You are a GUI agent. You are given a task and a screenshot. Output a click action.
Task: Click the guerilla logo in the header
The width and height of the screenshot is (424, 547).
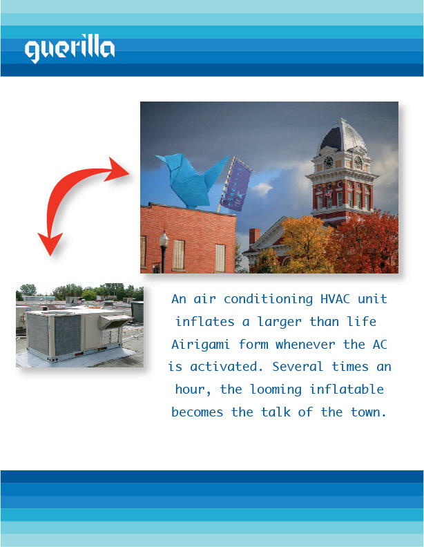(x=69, y=48)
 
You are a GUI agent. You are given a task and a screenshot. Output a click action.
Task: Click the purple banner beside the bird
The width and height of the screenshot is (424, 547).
(x=235, y=184)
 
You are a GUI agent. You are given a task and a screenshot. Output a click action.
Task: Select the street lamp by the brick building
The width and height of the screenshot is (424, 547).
(x=164, y=251)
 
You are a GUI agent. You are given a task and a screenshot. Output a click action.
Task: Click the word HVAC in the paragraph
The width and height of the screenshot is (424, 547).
(x=335, y=299)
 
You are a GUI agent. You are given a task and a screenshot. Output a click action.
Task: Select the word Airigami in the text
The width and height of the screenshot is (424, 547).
(x=200, y=345)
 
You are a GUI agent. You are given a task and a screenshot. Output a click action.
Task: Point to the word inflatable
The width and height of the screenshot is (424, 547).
(x=347, y=390)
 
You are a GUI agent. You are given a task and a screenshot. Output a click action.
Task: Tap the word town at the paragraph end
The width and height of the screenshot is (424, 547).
(x=368, y=412)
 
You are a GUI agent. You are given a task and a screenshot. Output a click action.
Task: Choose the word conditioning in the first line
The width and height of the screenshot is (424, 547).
(x=268, y=300)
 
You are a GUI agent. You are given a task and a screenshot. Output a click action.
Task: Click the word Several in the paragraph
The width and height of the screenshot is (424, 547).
(x=298, y=367)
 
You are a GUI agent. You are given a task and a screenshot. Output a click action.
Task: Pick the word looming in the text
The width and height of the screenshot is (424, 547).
(x=276, y=390)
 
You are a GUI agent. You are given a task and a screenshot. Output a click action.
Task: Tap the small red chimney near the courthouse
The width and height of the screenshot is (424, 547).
(x=255, y=236)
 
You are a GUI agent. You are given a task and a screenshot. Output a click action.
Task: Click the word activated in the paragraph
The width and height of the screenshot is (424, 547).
(x=226, y=367)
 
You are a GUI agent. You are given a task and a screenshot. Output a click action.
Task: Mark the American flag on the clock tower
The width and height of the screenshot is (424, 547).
(x=328, y=193)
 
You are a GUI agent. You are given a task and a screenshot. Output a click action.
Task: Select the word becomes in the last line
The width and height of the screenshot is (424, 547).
(x=197, y=412)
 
